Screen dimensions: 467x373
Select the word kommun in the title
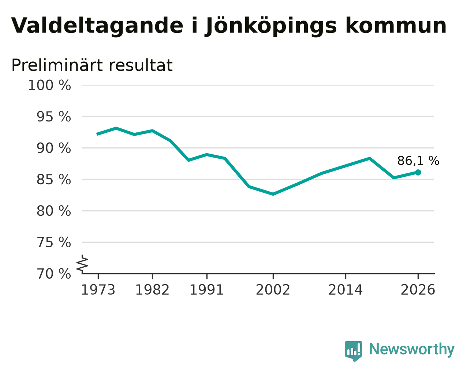point(396,26)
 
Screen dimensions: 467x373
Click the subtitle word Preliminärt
point(56,65)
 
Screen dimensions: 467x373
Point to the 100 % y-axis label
point(49,85)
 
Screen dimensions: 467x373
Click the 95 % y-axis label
point(53,117)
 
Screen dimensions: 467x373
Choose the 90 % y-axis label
point(53,148)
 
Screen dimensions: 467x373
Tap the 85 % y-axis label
point(53,180)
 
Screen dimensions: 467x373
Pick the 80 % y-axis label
point(53,211)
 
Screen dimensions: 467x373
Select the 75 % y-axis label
point(53,242)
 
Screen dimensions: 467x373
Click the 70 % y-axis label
point(53,274)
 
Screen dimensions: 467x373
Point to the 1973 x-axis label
point(98,290)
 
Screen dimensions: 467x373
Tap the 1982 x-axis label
point(152,290)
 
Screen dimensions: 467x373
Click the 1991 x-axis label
point(207,290)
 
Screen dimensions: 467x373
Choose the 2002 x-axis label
point(273,290)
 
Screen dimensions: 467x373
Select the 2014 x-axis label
point(345,290)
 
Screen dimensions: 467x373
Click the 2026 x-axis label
point(418,290)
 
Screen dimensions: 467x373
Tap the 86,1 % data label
point(418,161)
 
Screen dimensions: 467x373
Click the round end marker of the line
point(418,172)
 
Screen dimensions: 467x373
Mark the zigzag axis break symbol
point(82,264)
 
